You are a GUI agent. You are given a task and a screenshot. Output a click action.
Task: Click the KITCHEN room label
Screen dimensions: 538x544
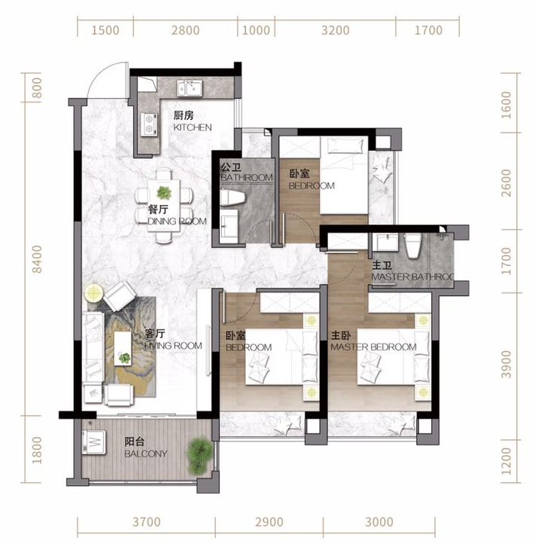pyautogui.click(x=193, y=127)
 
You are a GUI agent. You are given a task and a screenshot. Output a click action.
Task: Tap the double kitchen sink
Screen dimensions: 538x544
pyautogui.click(x=190, y=88)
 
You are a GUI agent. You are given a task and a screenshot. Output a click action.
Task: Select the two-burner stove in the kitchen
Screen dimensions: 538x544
pyautogui.click(x=149, y=124)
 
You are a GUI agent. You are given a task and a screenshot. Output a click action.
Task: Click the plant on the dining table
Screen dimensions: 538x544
pyautogui.click(x=164, y=193)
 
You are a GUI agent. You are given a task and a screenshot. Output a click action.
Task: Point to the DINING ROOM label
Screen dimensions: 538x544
pyautogui.click(x=177, y=221)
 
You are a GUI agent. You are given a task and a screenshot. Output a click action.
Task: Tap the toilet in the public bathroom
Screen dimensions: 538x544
pyautogui.click(x=233, y=197)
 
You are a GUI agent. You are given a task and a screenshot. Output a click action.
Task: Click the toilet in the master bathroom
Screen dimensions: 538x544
pyautogui.click(x=413, y=246)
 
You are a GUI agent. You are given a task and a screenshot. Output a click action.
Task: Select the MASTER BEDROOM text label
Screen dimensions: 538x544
pyautogui.click(x=373, y=347)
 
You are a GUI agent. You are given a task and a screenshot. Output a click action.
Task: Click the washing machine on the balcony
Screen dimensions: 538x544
pyautogui.click(x=94, y=442)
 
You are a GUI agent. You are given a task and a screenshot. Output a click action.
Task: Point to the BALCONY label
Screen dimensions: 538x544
pyautogui.click(x=146, y=454)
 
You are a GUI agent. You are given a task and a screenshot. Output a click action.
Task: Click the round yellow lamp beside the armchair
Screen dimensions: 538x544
pyautogui.click(x=93, y=293)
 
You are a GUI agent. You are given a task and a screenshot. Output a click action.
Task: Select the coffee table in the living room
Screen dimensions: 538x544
pyautogui.click(x=123, y=348)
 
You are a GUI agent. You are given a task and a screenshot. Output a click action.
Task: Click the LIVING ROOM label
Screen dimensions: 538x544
pyautogui.click(x=173, y=346)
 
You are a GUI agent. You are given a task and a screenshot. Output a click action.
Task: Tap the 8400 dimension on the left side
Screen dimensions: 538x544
pyautogui.click(x=36, y=259)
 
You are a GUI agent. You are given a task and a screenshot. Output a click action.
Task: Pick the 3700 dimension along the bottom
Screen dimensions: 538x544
pyautogui.click(x=147, y=521)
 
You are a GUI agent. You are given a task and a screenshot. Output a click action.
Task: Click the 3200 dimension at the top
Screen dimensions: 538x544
pyautogui.click(x=335, y=30)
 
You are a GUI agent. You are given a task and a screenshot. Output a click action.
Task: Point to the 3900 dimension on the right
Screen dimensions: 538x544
pyautogui.click(x=506, y=364)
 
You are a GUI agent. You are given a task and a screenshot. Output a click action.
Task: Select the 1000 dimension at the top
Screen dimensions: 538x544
pyautogui.click(x=256, y=30)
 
